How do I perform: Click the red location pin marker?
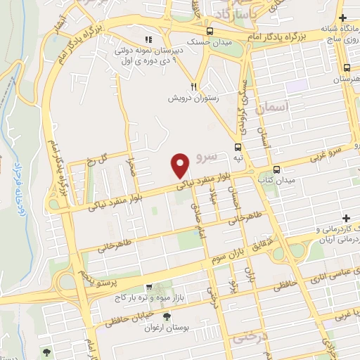click(181, 166)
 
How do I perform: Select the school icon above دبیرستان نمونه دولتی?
click(148, 39)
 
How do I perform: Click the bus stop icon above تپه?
click(238, 148)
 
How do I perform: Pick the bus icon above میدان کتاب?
click(276, 169)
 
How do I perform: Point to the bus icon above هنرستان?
click(347, 68)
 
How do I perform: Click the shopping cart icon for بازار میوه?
click(150, 286)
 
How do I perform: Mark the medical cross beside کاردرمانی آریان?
click(345, 219)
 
